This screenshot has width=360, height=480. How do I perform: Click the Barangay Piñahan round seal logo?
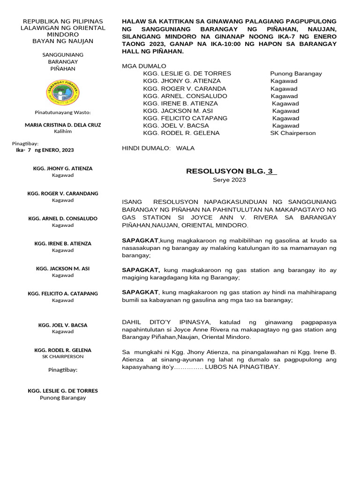63,92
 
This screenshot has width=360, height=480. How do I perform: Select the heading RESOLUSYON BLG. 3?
232,171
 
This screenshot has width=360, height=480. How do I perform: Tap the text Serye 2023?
229,180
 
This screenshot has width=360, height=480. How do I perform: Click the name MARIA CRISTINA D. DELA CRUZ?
62,125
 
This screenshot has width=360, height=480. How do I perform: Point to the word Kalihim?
62,132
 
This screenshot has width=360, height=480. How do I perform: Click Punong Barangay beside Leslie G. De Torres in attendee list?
296,74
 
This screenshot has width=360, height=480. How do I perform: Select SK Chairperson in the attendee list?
293,133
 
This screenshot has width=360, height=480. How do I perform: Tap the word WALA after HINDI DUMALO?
185,148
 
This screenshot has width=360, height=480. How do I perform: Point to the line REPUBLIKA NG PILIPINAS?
63,22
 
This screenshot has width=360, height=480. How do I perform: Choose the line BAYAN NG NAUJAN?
63,41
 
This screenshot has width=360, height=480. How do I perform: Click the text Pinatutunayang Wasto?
63,112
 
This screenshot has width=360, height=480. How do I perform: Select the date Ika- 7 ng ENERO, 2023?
45,150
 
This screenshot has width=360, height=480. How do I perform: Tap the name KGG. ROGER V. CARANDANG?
62,193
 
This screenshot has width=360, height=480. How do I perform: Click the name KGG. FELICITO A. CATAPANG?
62,293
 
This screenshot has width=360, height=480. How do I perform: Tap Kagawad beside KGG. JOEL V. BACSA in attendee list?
285,126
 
